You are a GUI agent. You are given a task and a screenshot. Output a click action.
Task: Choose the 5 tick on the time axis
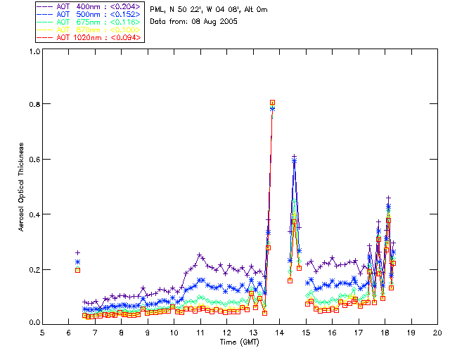pyautogui.click(x=42, y=332)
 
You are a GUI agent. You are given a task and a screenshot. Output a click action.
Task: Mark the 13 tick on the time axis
pyautogui.click(x=252, y=332)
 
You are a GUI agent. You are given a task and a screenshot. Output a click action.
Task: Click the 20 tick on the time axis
pyautogui.click(x=437, y=332)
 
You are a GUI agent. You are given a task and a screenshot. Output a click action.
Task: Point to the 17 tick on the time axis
pyautogui.click(x=358, y=332)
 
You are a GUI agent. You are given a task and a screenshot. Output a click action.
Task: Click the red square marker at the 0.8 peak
pyautogui.click(x=272, y=103)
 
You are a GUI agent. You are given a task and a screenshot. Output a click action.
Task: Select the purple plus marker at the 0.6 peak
pyautogui.click(x=294, y=156)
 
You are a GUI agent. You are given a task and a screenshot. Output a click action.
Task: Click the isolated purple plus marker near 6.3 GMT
pyautogui.click(x=77, y=252)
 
